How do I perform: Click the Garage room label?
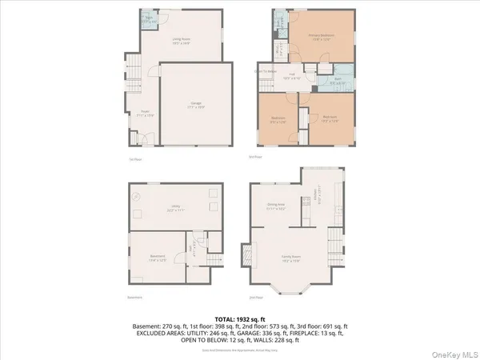(196, 105)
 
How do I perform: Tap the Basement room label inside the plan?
(158, 258)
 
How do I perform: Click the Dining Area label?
(277, 206)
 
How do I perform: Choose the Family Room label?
(290, 258)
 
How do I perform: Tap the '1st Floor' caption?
(135, 159)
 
